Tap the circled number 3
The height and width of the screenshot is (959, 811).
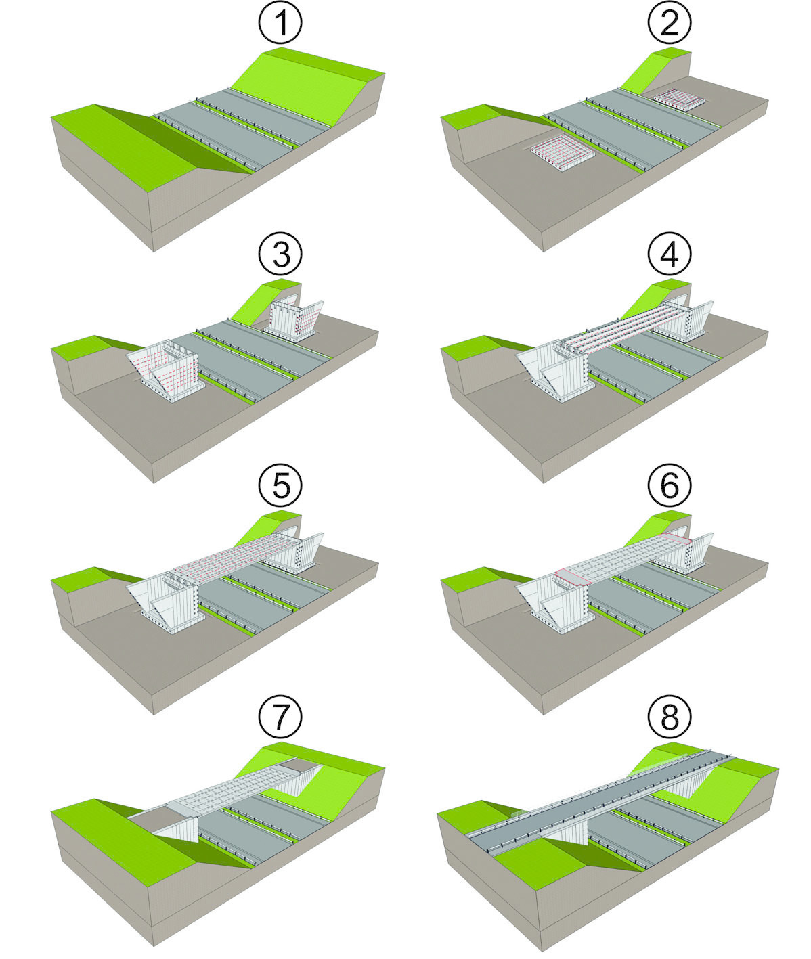(279, 255)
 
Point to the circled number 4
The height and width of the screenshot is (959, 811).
(669, 255)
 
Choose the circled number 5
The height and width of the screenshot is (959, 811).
(279, 485)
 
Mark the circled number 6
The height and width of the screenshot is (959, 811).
(669, 485)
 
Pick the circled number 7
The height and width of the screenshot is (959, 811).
(279, 717)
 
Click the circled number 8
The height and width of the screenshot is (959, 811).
(669, 717)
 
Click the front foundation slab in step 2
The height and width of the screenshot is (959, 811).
(562, 148)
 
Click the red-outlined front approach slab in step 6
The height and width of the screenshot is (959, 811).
(573, 577)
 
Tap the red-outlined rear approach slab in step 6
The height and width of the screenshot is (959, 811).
(677, 539)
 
